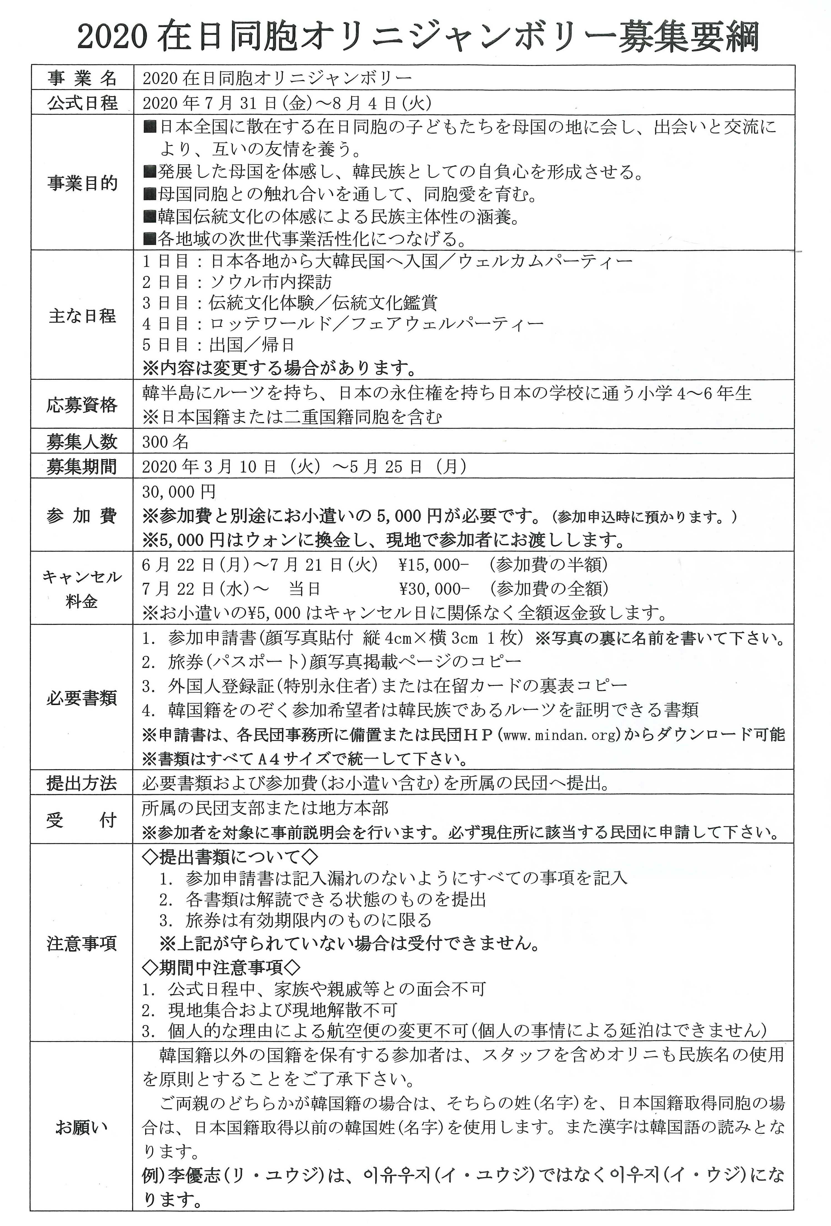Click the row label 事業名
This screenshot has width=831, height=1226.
click(82, 78)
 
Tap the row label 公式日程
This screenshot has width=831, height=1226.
click(82, 102)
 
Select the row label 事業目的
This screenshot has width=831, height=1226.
click(82, 183)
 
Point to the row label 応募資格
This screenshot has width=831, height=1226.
click(82, 405)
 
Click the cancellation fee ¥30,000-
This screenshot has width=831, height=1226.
click(434, 588)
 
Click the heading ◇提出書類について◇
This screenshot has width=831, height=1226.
click(230, 857)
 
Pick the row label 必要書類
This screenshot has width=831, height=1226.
click(82, 698)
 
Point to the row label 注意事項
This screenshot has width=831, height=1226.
click(82, 943)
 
